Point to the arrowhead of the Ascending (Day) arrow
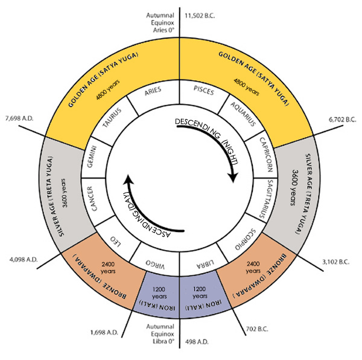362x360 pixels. click(x=128, y=179)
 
